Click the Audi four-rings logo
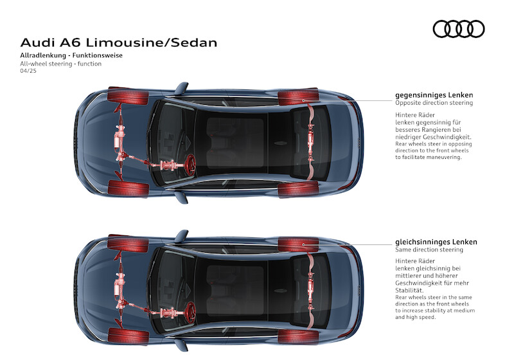coord(459,29)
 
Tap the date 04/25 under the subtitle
coord(28,71)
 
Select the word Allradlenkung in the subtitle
coord(43,55)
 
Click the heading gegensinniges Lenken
coord(434,95)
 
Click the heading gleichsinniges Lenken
coord(436,242)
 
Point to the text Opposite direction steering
coord(434,103)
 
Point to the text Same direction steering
coord(429,250)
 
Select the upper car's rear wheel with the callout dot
coord(298,97)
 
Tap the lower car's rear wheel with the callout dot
coord(298,244)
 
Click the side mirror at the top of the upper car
coord(181,87)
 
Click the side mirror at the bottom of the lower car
coord(181,345)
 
